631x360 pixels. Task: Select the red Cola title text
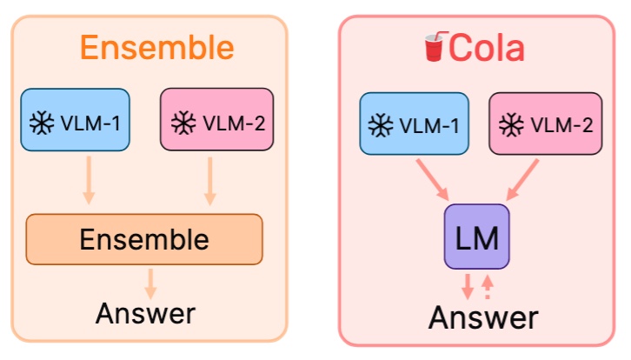pyautogui.click(x=487, y=48)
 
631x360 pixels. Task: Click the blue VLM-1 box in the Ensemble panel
pyautogui.click(x=76, y=120)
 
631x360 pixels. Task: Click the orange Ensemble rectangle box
pyautogui.click(x=144, y=239)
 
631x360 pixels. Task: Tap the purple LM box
pyautogui.click(x=477, y=237)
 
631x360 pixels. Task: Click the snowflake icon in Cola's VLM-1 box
pyautogui.click(x=380, y=125)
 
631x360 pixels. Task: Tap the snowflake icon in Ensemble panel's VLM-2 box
pyautogui.click(x=182, y=120)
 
